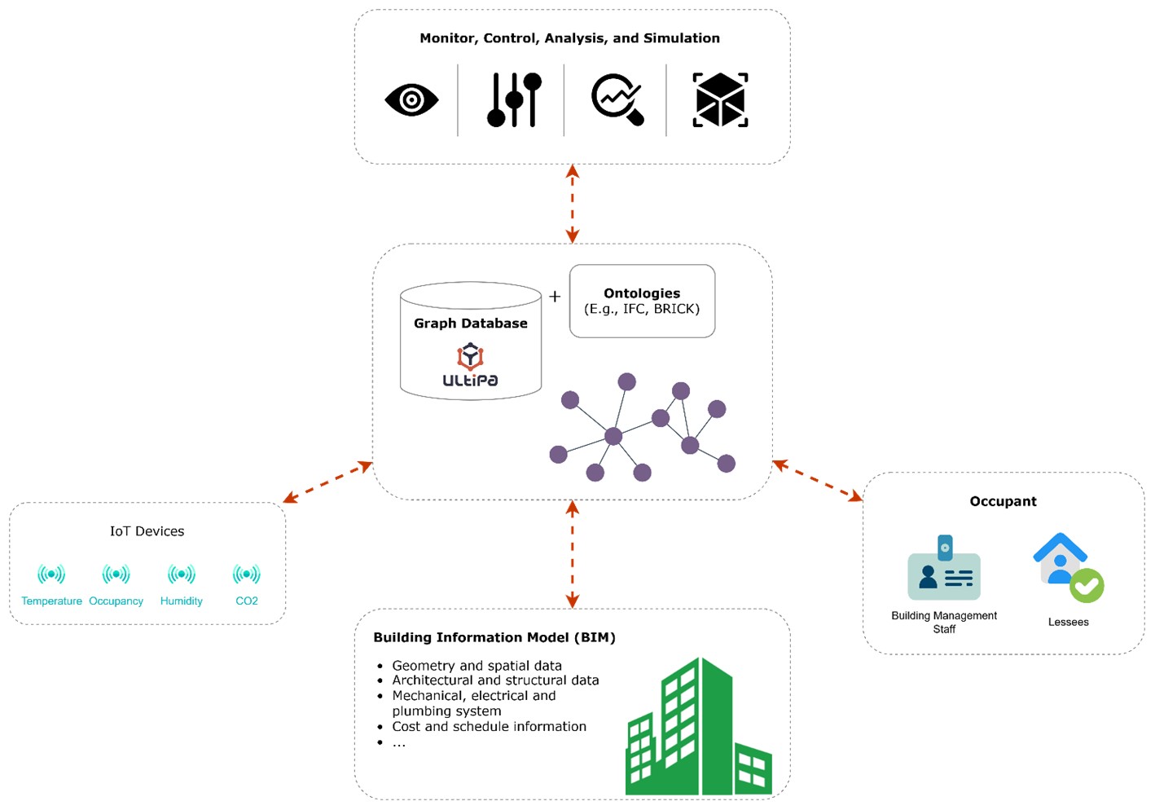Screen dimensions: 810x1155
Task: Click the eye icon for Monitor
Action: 411,100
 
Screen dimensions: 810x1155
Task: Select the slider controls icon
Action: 514,100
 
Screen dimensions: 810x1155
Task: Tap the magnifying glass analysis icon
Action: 617,100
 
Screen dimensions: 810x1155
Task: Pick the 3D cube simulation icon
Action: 720,100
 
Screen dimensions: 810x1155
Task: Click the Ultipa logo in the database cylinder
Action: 470,366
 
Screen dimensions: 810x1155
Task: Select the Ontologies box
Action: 642,301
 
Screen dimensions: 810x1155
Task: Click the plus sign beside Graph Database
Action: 555,297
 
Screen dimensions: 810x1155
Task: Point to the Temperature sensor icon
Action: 51,574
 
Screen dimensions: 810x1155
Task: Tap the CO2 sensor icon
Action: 246,574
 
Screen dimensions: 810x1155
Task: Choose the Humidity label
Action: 181,601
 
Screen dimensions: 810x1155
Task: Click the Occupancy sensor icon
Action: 116,574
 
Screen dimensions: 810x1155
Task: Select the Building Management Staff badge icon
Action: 944,570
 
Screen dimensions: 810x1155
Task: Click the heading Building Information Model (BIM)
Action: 494,637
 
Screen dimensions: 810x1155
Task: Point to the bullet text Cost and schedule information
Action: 489,726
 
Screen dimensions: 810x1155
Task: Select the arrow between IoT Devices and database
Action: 327,482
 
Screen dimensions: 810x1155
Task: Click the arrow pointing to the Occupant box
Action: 817,481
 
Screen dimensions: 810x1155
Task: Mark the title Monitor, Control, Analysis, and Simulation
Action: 569,38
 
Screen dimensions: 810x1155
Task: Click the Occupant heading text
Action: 1003,501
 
